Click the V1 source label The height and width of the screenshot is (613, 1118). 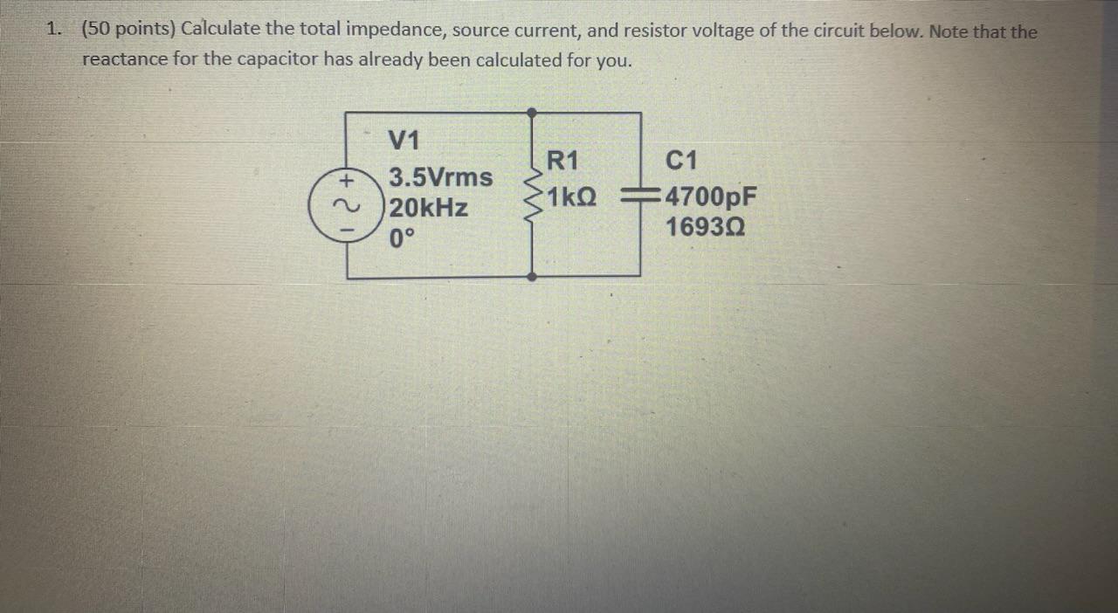(404, 140)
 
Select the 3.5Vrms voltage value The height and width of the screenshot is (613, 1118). (440, 177)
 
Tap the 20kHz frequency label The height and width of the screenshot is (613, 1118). (428, 209)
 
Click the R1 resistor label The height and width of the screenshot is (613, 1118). (562, 161)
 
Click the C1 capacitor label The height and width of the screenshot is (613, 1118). (681, 161)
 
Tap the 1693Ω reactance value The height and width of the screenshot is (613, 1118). (705, 227)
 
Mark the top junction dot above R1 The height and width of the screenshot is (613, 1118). (532, 113)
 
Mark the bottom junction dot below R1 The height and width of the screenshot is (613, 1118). (532, 277)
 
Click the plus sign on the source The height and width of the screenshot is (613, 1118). (347, 182)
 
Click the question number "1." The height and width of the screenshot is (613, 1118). (55, 29)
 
